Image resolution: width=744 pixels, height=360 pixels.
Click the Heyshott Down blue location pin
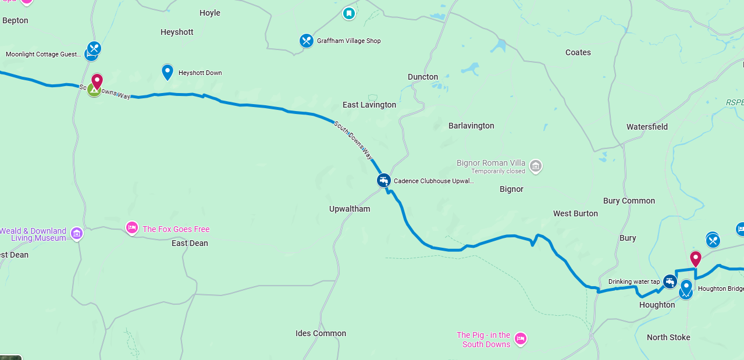coord(168,72)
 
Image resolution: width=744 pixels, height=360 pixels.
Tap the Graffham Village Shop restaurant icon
coord(307,41)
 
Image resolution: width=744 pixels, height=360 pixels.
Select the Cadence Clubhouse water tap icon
coord(383,180)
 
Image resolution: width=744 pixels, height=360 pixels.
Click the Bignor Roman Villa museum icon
coord(536,166)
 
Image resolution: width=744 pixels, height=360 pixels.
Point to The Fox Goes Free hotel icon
coord(132,228)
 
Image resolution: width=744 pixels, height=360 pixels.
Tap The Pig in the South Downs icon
coord(521,338)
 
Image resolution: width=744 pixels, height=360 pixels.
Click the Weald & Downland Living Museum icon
coord(77,234)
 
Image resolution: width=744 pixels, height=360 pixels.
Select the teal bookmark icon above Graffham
coord(348,13)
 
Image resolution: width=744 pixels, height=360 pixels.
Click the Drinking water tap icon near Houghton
coord(670,281)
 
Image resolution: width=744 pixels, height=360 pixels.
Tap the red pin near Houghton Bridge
coord(695,258)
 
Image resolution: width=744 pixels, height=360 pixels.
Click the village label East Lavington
coord(369,105)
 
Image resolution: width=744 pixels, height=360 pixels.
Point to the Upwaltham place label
coord(350,209)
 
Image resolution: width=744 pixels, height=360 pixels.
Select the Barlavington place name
coord(471,126)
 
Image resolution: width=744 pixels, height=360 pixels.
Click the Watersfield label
coord(647,127)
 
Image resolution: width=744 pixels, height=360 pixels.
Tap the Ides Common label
coord(321,333)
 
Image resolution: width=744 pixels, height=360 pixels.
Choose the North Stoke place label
coord(668,337)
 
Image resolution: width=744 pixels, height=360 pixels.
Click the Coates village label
coord(578,52)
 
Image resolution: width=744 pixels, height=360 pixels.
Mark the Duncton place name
coord(423,77)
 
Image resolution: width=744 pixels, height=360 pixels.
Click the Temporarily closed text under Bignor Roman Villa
coord(498,172)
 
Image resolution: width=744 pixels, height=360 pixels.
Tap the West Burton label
coord(575,213)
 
